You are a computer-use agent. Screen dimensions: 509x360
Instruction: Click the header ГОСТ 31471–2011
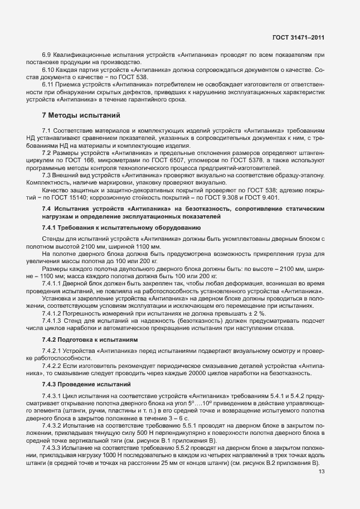(299, 38)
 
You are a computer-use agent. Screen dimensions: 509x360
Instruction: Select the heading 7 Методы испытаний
(81, 116)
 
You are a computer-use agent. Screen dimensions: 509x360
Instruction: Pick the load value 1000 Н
(105, 455)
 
